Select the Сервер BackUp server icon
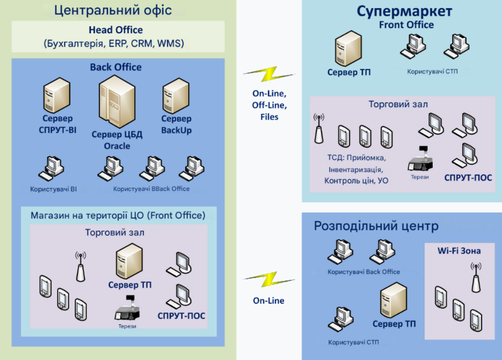click(175, 97)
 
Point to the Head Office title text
click(115, 30)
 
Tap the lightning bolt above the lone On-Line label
click(268, 280)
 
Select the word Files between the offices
click(269, 117)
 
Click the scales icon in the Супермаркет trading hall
click(421, 159)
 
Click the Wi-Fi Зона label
click(459, 251)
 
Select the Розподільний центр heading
click(376, 226)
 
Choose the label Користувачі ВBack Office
click(152, 189)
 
